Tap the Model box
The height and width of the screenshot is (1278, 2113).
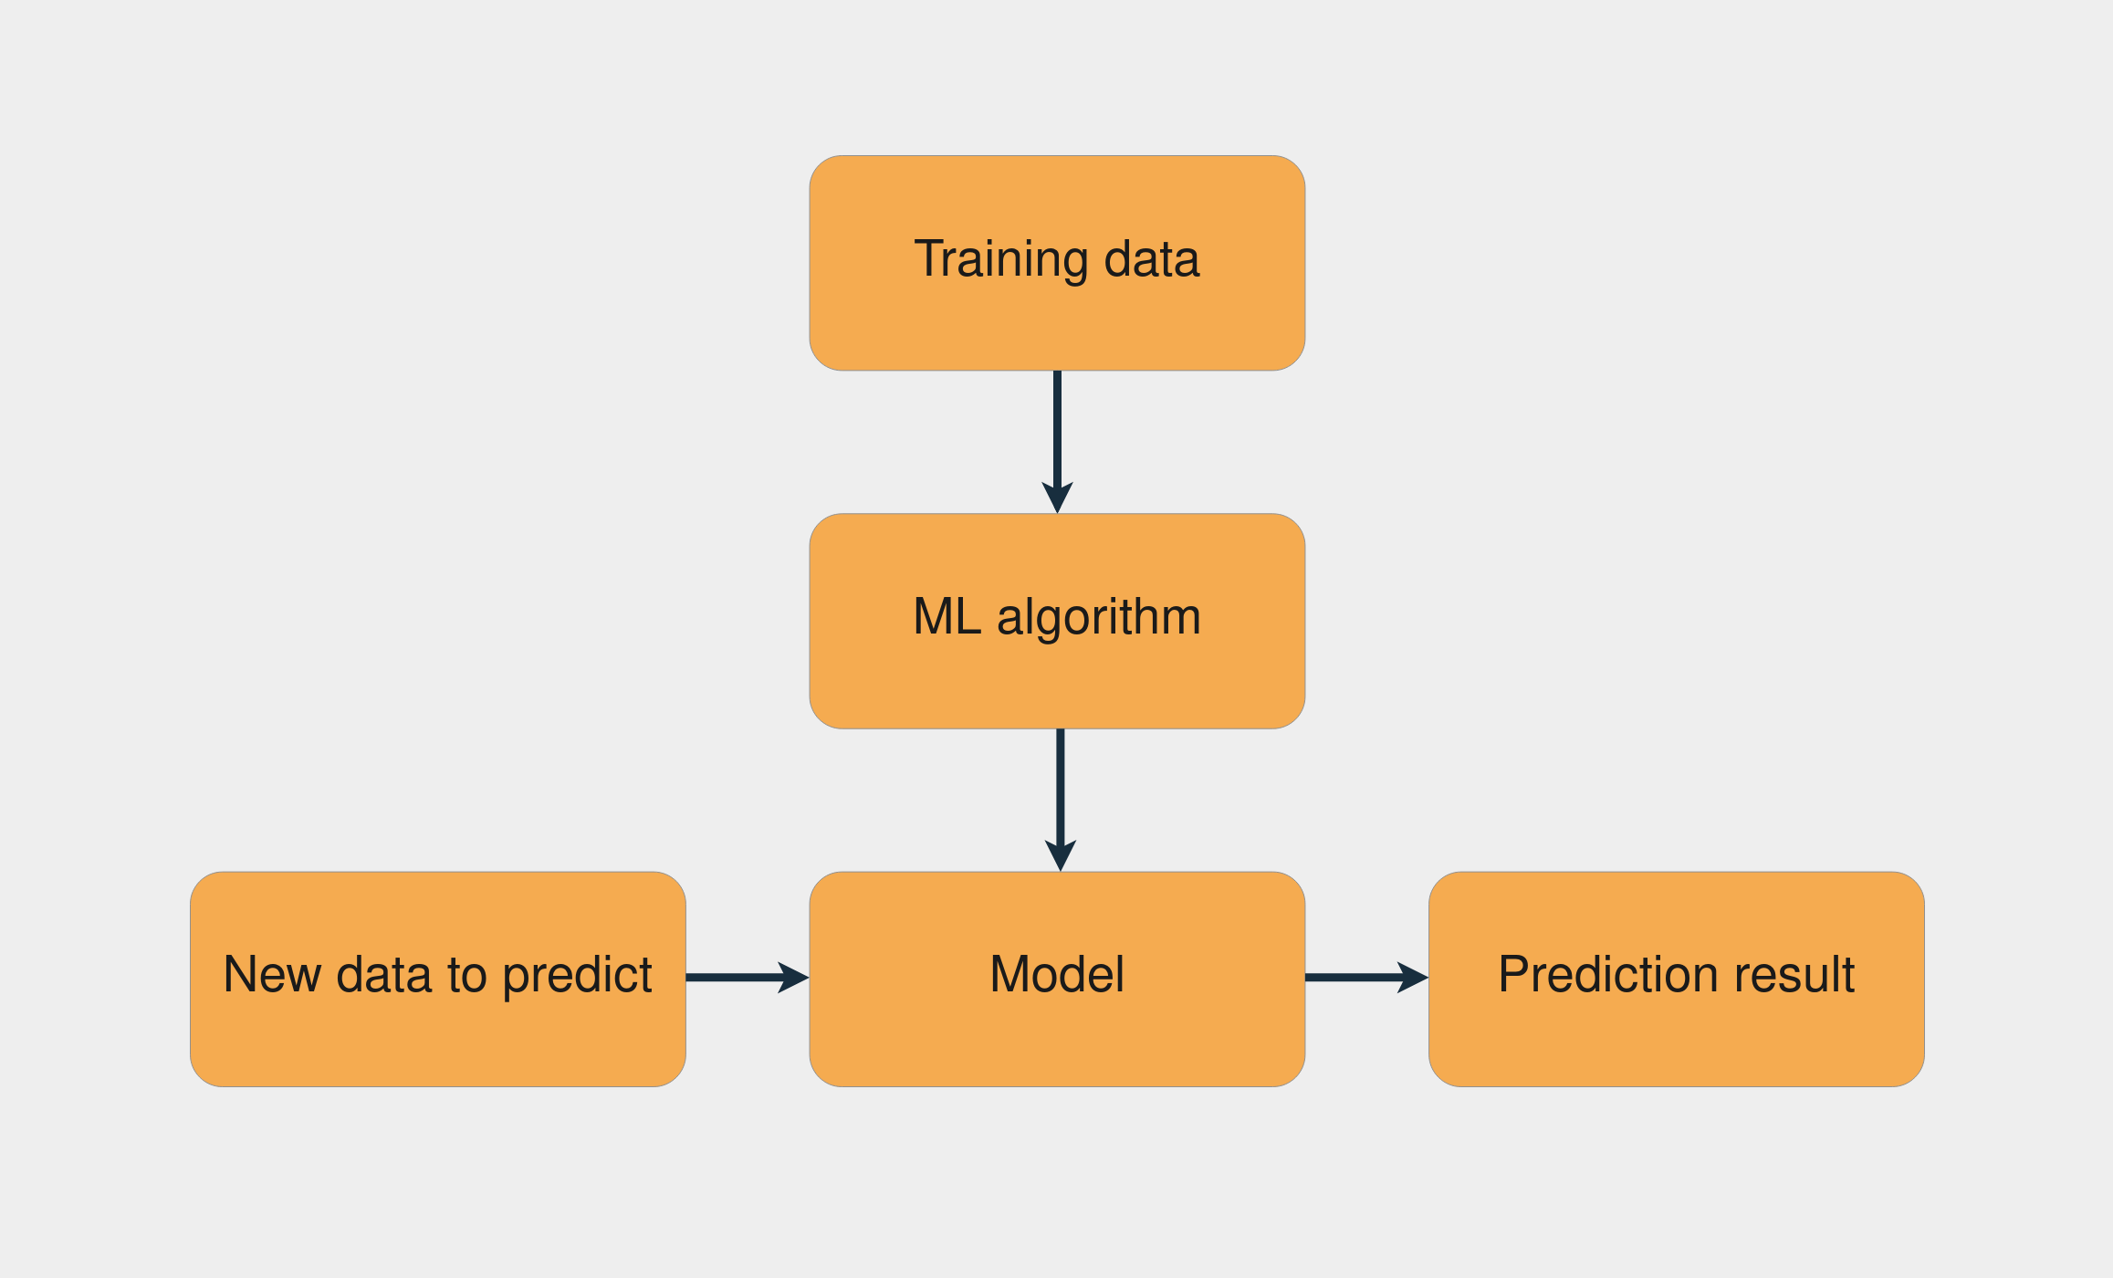(1056, 1032)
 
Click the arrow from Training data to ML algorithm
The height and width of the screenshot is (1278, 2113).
(1057, 429)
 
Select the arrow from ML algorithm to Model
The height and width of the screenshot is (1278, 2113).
(1060, 785)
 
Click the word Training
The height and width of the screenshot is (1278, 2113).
(1000, 260)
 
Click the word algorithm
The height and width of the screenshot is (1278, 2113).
(1098, 618)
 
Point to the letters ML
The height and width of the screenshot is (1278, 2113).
(947, 617)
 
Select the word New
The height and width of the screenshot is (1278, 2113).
(272, 975)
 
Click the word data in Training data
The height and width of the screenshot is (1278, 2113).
(1151, 259)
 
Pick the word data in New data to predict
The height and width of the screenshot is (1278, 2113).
(383, 975)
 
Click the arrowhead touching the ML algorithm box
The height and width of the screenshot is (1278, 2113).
(1057, 498)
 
